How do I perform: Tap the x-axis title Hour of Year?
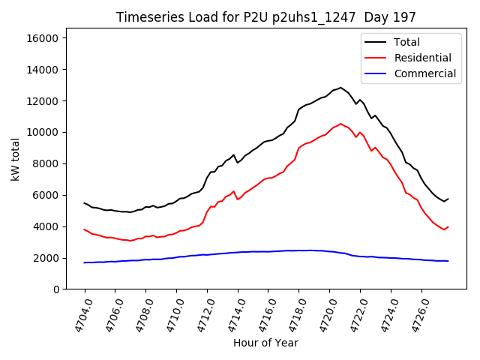click(265, 343)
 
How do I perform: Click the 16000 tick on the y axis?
click(46, 38)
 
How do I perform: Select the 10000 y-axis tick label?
click(46, 132)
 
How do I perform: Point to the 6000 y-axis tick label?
click(49, 195)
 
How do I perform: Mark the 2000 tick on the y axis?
click(49, 258)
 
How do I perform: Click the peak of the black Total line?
click(340, 88)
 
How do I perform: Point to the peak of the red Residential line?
click(340, 124)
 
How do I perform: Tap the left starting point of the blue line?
click(85, 262)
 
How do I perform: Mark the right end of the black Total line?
click(448, 199)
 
